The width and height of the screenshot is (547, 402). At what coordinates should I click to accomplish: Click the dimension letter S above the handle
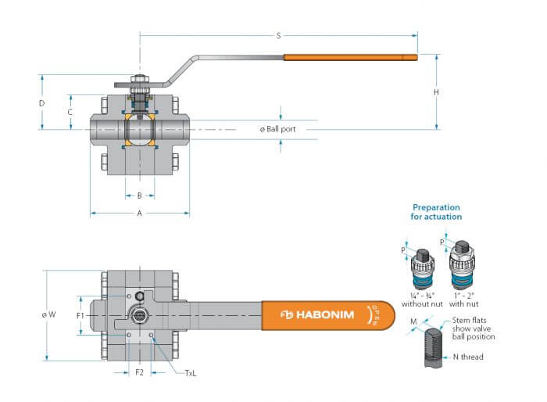point(278,36)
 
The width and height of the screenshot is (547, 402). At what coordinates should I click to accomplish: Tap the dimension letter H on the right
point(436,92)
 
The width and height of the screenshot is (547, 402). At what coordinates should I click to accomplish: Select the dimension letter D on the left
point(42,103)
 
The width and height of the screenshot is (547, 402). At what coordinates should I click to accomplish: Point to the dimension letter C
point(70,112)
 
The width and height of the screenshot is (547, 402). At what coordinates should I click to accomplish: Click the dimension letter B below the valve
point(140,196)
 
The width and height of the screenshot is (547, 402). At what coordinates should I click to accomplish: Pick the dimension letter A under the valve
point(140,213)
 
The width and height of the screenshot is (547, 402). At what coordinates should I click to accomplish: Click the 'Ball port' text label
point(281,129)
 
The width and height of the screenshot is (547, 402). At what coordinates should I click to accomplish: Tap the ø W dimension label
point(48,314)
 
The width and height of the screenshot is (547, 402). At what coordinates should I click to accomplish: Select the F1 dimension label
point(80,316)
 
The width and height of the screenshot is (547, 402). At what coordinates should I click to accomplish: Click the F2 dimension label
point(139,372)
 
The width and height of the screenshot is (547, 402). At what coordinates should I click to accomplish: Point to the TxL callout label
point(191,373)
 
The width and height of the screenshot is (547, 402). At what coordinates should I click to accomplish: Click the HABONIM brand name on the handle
point(325,314)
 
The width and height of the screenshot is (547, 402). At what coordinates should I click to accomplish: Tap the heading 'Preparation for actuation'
point(436,212)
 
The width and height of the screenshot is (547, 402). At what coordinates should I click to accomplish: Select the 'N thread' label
point(468,357)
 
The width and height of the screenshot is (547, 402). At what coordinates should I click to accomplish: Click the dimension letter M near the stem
point(413,321)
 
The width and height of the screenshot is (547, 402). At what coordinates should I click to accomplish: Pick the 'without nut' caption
point(422,304)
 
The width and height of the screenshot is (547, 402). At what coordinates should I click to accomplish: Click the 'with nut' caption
point(463,304)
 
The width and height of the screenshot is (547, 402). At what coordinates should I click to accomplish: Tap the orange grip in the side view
point(350,57)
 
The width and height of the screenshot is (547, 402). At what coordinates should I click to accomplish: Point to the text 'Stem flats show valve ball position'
point(474,328)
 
